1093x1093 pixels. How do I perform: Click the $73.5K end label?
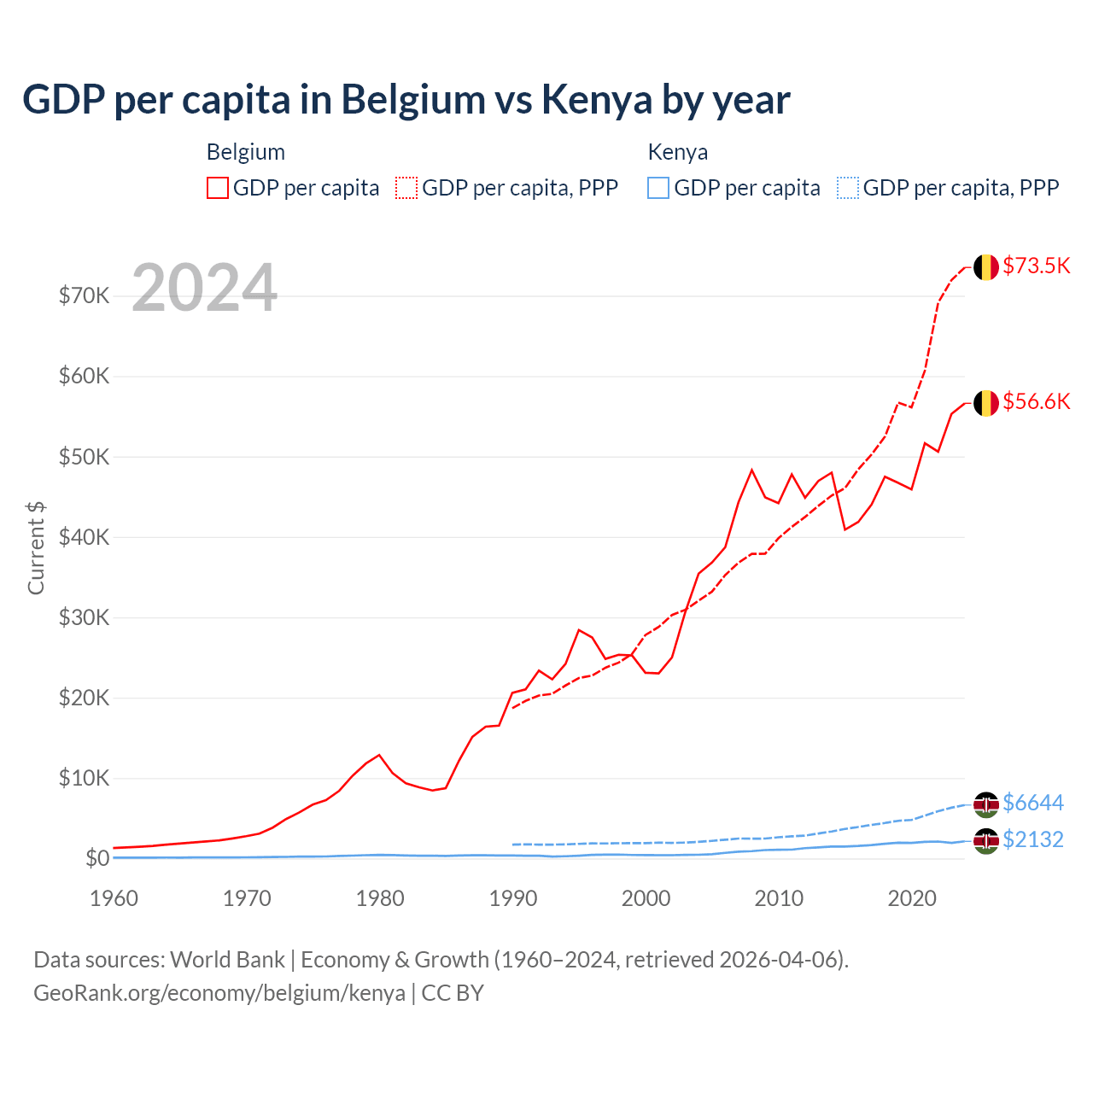[1036, 266]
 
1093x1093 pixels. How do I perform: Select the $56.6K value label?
[1036, 401]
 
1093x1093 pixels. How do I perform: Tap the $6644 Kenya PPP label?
[1032, 803]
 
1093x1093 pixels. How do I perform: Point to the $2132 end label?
[1032, 839]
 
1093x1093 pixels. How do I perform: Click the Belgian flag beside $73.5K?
[986, 266]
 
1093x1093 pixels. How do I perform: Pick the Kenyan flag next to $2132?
[986, 840]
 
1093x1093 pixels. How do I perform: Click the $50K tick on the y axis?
[84, 457]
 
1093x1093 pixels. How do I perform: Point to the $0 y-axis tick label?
[96, 858]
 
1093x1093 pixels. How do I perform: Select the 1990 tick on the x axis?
[513, 898]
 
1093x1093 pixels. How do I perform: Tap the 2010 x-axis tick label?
[779, 898]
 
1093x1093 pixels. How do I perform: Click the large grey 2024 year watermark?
[204, 288]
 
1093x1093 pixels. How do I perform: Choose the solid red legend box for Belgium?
[218, 188]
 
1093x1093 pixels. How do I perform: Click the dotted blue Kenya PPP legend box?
[848, 188]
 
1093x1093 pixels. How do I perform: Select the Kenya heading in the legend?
[677, 152]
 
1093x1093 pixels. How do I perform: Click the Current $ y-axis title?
[36, 547]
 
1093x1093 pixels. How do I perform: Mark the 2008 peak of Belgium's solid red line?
[751, 470]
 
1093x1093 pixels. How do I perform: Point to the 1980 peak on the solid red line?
[379, 755]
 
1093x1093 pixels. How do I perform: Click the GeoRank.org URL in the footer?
[219, 993]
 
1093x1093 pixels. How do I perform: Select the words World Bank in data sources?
[227, 960]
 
